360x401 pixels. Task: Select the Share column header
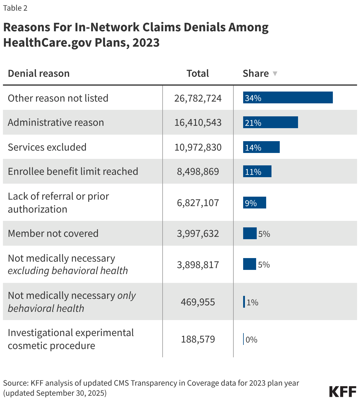click(256, 74)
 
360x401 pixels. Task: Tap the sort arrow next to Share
click(275, 74)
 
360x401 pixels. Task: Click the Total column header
click(197, 74)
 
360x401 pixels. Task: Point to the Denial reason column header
click(39, 74)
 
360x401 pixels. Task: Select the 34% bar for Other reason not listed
click(288, 98)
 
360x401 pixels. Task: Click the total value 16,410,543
click(198, 123)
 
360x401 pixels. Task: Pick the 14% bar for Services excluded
click(261, 147)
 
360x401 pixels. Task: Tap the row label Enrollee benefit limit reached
click(73, 172)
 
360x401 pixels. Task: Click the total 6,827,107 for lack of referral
click(198, 203)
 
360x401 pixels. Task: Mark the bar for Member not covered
click(250, 234)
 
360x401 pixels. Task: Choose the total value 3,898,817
click(198, 265)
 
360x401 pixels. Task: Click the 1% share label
click(252, 302)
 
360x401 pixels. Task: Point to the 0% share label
click(251, 340)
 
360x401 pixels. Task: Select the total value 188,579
click(198, 339)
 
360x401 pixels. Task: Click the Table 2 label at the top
click(15, 8)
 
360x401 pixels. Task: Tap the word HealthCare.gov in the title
click(47, 43)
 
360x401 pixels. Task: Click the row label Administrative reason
click(56, 123)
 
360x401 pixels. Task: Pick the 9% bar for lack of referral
click(254, 203)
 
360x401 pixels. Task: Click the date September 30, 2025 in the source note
click(71, 393)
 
